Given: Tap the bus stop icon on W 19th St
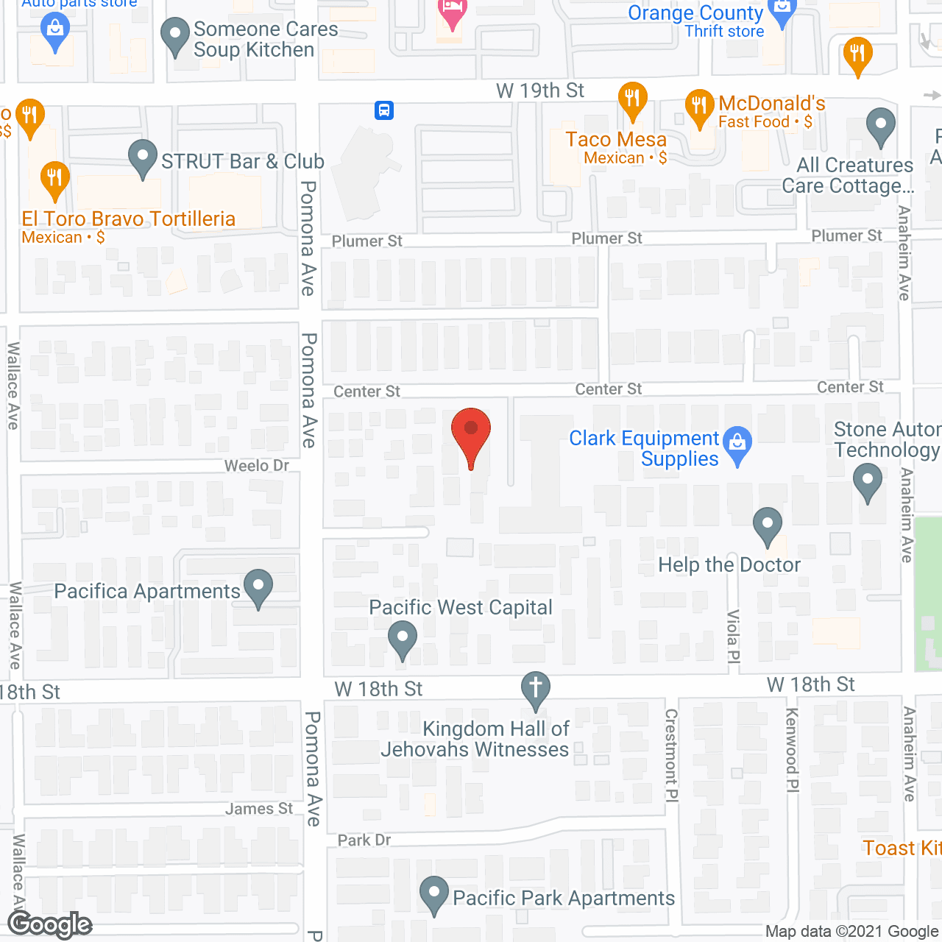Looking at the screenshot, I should pos(383,110).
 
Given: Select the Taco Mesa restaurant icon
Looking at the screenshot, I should pos(632,99).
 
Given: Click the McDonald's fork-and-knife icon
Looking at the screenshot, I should pos(699,107).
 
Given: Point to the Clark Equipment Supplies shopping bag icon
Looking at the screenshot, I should pos(737,443).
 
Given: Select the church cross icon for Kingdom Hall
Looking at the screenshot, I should pos(536,690).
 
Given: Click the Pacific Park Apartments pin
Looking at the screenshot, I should pos(434,893).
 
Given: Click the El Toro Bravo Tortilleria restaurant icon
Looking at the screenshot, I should pos(54,179).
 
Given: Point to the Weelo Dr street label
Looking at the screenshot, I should pos(256,466).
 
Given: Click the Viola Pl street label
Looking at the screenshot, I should pos(733,637).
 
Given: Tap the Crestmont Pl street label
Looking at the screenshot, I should pos(671,754).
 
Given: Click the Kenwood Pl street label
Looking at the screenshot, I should pos(792,750).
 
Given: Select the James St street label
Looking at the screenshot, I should pos(259,809).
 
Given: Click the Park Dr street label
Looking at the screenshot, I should pos(364,840).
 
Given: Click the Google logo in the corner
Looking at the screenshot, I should pos(50,924).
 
